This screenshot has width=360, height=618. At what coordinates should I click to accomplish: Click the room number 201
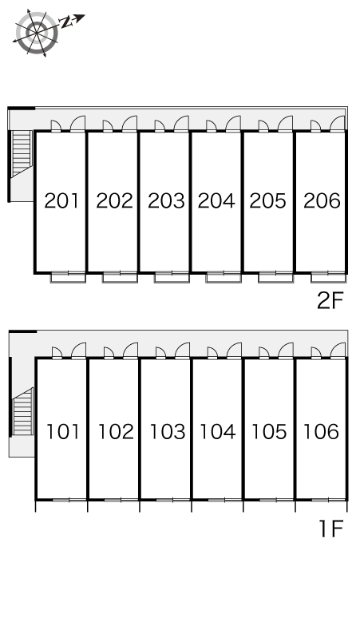(x=61, y=200)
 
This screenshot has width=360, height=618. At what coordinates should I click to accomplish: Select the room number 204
(x=216, y=200)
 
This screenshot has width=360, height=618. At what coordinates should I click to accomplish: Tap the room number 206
(x=322, y=200)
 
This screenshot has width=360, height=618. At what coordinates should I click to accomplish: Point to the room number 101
(x=63, y=432)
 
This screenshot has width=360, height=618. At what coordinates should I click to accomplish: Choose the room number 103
(x=168, y=432)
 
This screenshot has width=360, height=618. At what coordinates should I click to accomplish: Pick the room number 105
(x=269, y=432)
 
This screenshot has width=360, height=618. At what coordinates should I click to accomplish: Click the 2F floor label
(x=330, y=301)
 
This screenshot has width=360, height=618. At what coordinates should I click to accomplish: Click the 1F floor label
(x=332, y=529)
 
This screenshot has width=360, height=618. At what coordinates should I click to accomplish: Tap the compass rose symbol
(x=37, y=32)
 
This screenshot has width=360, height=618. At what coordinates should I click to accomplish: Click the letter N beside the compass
(x=67, y=22)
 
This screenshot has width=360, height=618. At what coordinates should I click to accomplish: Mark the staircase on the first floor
(x=23, y=412)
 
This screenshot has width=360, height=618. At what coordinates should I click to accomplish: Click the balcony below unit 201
(x=68, y=278)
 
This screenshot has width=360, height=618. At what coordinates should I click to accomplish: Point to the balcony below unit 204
(x=224, y=278)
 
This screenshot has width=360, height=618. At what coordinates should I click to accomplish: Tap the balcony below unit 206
(x=329, y=278)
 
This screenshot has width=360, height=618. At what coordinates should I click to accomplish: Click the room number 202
(x=115, y=200)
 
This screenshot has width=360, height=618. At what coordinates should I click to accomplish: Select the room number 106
(x=321, y=432)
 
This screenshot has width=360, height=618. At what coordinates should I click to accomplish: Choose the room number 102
(x=116, y=432)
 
